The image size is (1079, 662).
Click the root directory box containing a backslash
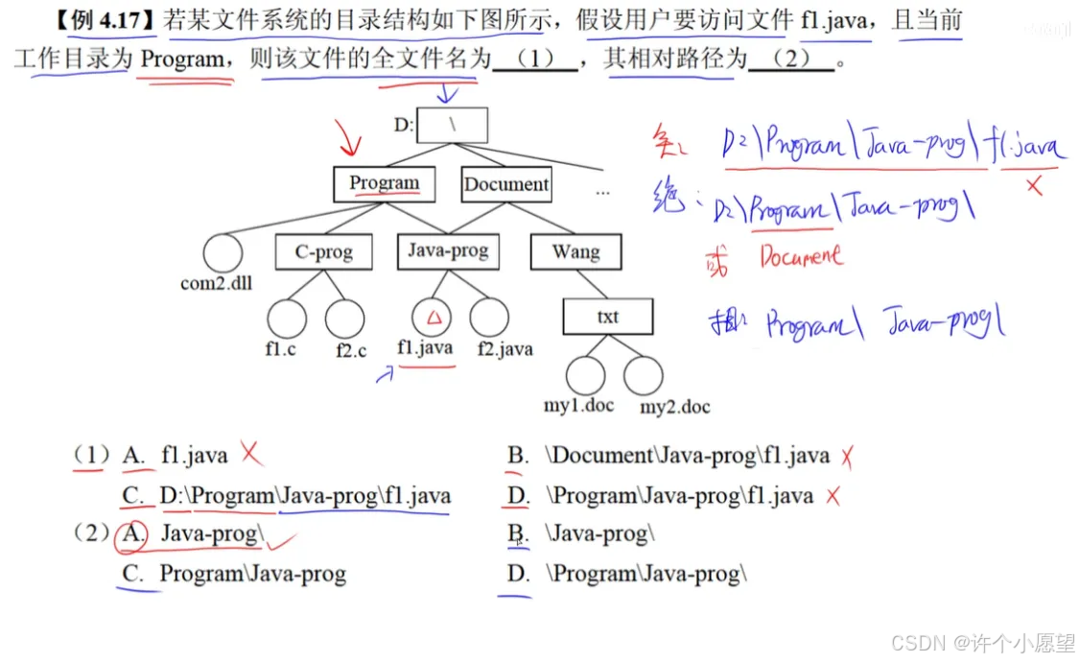pyautogui.click(x=454, y=125)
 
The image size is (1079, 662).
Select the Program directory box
pyautogui.click(x=384, y=183)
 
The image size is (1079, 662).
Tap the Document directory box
pyautogui.click(x=505, y=184)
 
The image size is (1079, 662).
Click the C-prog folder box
pyautogui.click(x=323, y=252)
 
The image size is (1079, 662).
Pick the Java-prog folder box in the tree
pyautogui.click(x=448, y=251)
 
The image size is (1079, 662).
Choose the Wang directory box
pyautogui.click(x=575, y=252)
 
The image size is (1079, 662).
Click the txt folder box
pyautogui.click(x=607, y=317)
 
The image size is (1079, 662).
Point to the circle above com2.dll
pyautogui.click(x=223, y=254)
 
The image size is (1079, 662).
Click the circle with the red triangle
pyautogui.click(x=433, y=318)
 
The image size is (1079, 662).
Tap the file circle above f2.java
pyautogui.click(x=489, y=318)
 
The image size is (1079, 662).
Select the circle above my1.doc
pyautogui.click(x=586, y=375)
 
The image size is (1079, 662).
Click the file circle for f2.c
pyautogui.click(x=345, y=319)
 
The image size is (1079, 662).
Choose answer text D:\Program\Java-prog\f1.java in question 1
pyautogui.click(x=305, y=496)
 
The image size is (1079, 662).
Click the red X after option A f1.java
pyautogui.click(x=251, y=453)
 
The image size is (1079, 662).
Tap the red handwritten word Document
pyautogui.click(x=801, y=256)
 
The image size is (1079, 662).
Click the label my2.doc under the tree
pyautogui.click(x=675, y=407)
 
